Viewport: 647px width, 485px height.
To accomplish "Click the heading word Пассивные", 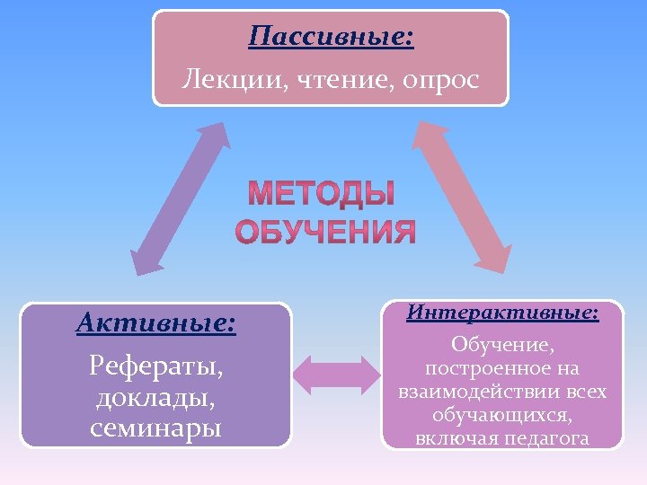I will click(x=331, y=37).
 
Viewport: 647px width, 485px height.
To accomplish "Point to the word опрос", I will click(x=440, y=79).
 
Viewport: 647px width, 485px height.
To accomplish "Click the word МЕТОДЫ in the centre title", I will click(x=321, y=194).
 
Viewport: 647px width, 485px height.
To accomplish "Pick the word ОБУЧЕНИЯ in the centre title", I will click(x=325, y=232).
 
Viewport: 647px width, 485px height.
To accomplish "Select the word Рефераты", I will click(x=156, y=366).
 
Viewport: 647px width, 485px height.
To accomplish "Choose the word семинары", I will click(x=156, y=428).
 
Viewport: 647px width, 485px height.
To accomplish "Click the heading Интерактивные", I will click(x=501, y=313).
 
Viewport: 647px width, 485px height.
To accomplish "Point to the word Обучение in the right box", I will click(x=502, y=345).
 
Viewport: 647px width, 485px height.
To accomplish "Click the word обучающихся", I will click(x=501, y=415).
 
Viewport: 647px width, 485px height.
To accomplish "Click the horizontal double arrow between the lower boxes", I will click(x=338, y=375).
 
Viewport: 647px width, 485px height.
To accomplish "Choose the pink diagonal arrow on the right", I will click(x=464, y=198).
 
